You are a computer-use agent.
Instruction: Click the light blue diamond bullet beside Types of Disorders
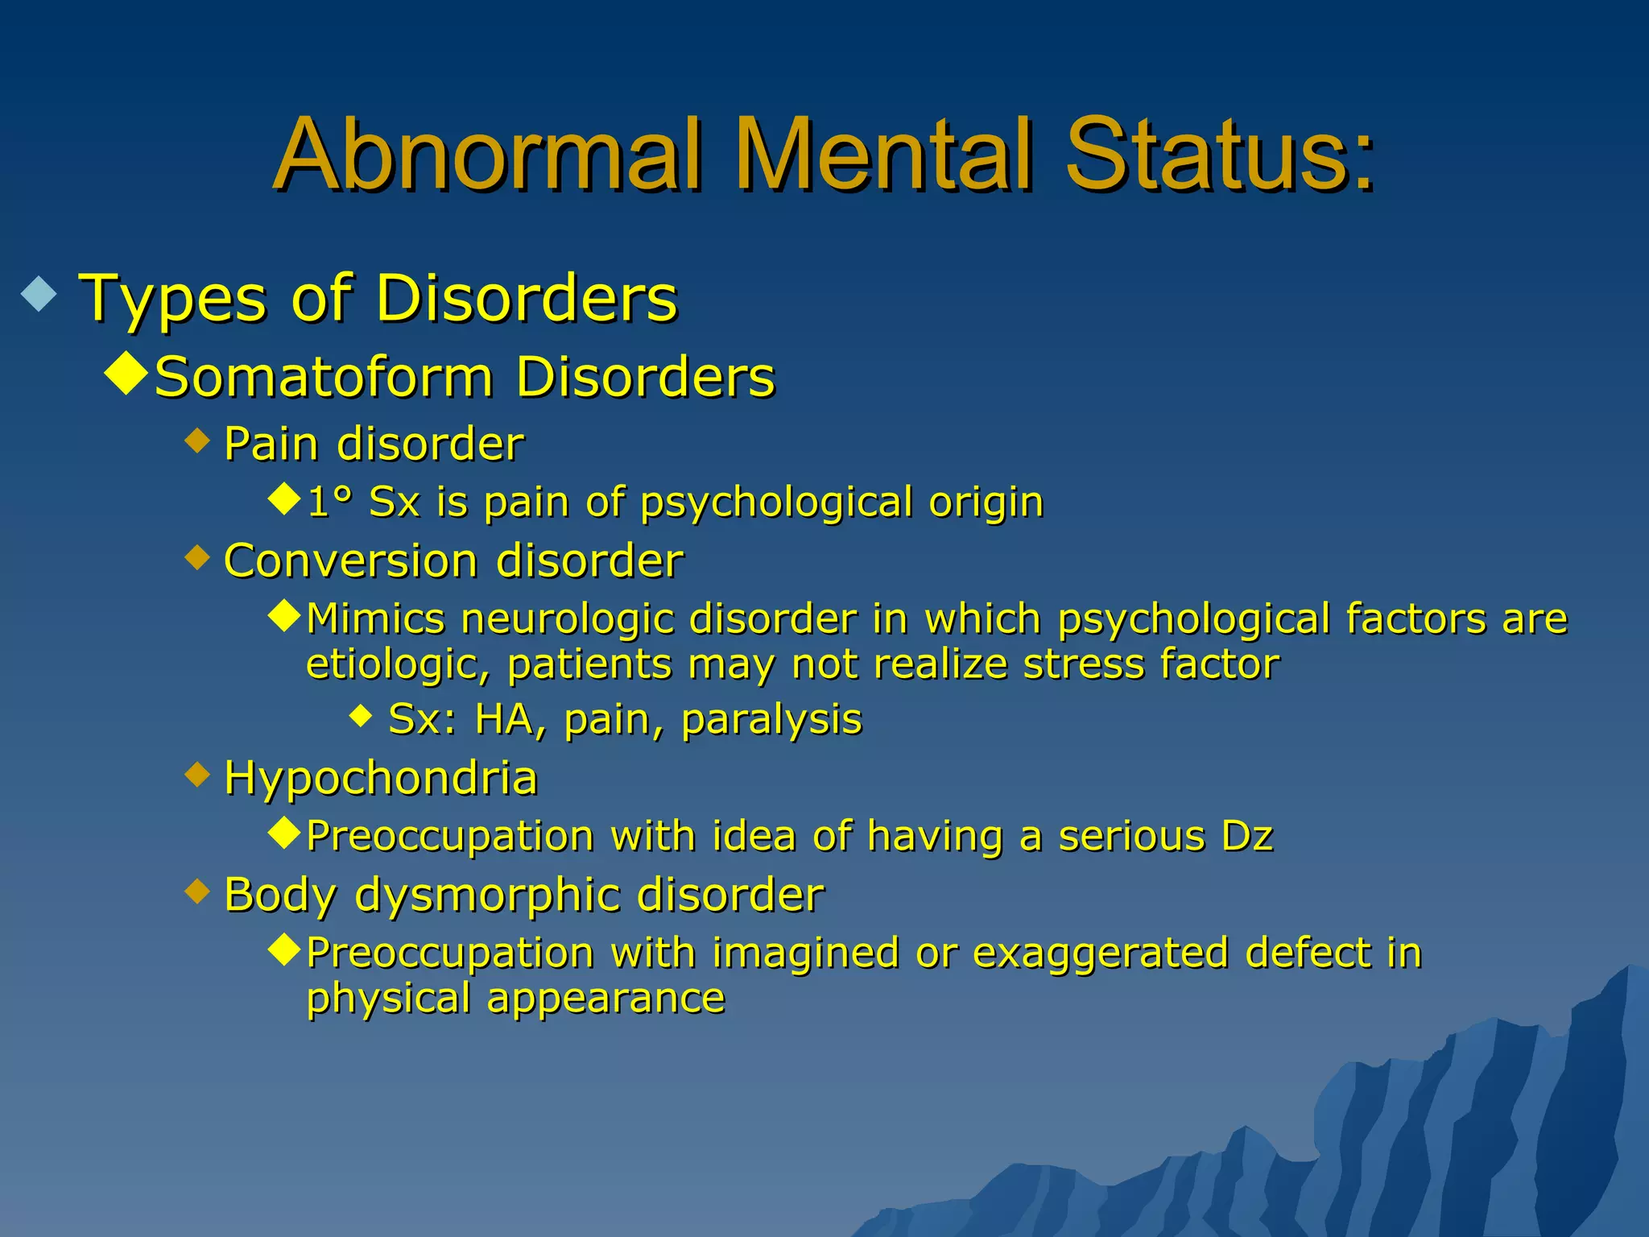tap(39, 295)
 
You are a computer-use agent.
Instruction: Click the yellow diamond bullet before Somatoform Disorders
tap(126, 372)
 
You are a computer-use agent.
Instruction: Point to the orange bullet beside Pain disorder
tap(196, 441)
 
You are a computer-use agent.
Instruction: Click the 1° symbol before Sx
tap(330, 502)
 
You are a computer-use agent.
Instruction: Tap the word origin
tap(986, 503)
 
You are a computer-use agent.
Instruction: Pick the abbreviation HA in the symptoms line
tap(505, 719)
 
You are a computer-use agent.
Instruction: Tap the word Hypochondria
tap(381, 779)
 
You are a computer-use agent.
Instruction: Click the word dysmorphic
tap(488, 896)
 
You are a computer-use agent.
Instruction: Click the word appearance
tap(605, 999)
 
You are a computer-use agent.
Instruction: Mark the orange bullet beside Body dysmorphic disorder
tap(196, 892)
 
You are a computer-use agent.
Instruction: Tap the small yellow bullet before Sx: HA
tap(362, 714)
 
